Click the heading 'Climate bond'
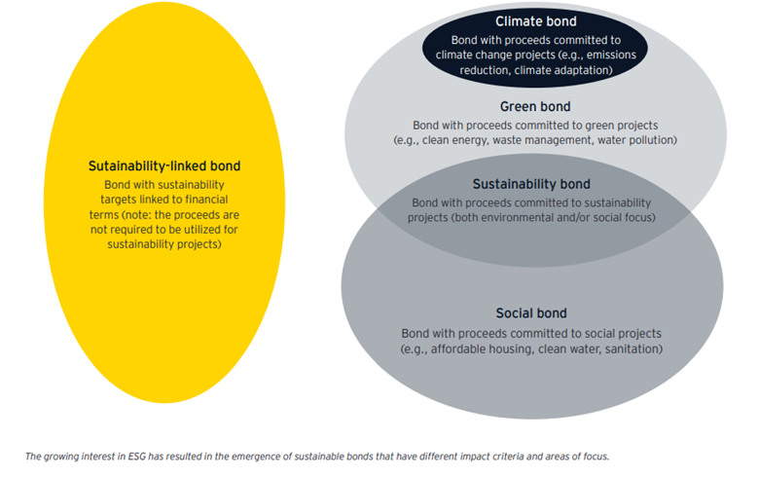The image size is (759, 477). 536,21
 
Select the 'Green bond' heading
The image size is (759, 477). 535,106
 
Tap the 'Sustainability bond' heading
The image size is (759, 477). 531,184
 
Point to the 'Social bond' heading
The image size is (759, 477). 531,313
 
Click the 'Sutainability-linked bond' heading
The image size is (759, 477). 164,166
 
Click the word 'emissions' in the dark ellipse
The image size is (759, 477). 611,55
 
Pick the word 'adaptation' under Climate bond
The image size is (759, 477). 582,70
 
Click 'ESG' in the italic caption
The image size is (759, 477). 137,457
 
